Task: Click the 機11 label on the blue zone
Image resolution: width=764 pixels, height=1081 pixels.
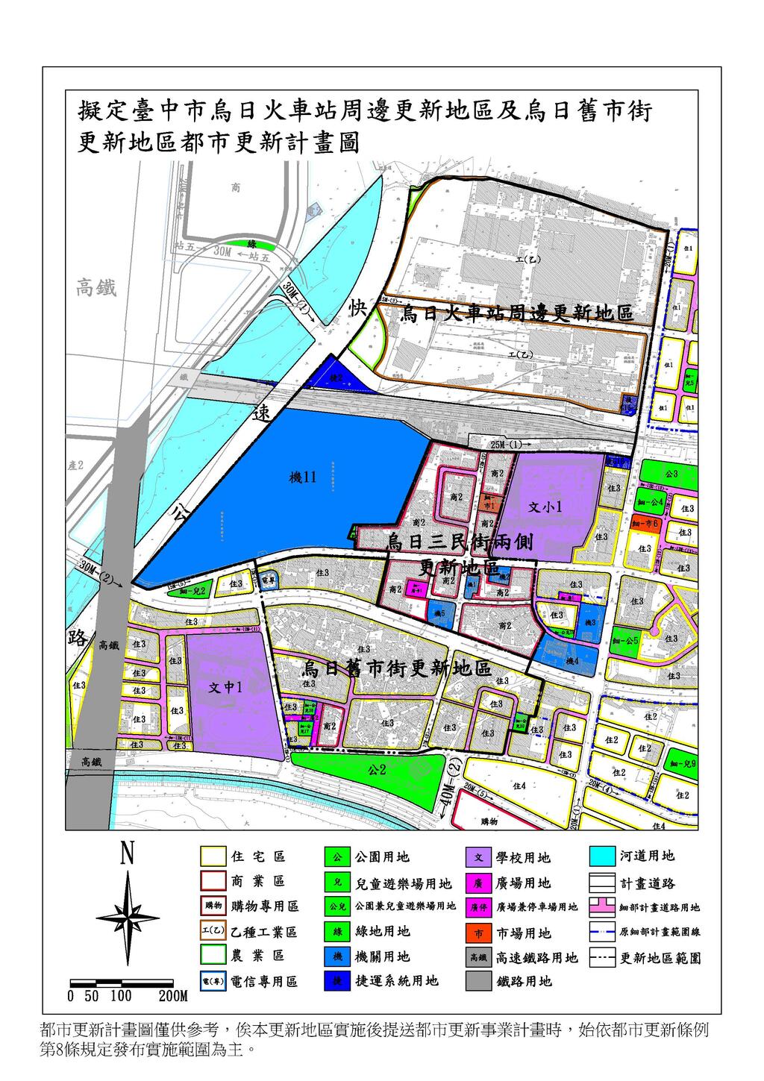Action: pos(303,478)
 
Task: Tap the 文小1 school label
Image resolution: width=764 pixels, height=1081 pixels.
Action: pos(545,507)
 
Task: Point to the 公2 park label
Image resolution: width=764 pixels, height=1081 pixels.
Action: pos(375,769)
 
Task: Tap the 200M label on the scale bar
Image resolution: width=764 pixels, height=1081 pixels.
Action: pos(172,996)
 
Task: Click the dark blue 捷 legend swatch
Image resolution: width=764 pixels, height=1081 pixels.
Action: pos(337,980)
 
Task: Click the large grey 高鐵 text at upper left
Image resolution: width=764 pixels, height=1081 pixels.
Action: pos(96,288)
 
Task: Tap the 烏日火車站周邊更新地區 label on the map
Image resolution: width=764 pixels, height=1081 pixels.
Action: pos(516,313)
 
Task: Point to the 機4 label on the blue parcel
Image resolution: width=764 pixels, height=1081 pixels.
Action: pos(572,661)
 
